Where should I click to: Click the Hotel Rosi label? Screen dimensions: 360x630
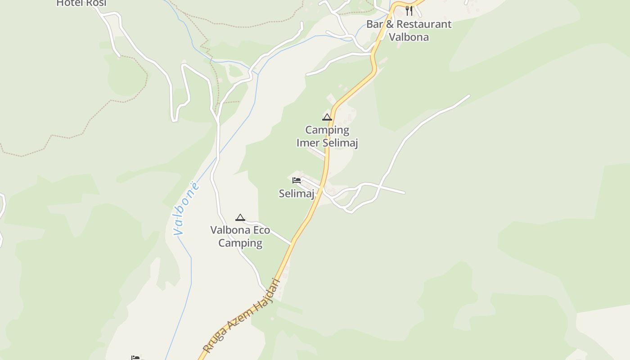(x=81, y=3)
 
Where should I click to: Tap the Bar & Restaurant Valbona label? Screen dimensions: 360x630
(x=409, y=30)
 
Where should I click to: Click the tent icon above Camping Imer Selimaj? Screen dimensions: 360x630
(x=327, y=117)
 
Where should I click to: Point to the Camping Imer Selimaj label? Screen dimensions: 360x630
(x=327, y=136)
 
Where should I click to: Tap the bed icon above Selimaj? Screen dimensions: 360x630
(x=297, y=180)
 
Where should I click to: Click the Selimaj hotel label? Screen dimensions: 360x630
(x=296, y=193)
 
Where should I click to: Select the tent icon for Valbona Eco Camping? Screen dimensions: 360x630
(x=240, y=218)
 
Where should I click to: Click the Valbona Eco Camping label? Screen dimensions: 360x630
(x=240, y=237)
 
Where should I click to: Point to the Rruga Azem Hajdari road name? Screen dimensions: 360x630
(x=242, y=316)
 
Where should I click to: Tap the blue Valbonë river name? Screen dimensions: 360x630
(x=186, y=208)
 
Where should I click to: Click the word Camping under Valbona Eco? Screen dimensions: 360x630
(x=240, y=243)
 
